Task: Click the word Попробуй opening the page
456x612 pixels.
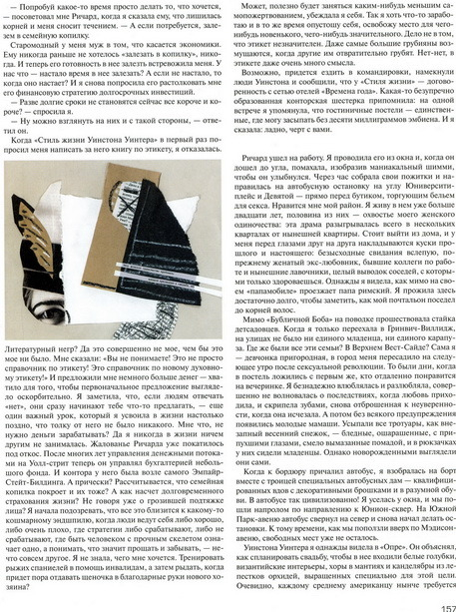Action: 37,7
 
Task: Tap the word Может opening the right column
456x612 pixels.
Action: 252,7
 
